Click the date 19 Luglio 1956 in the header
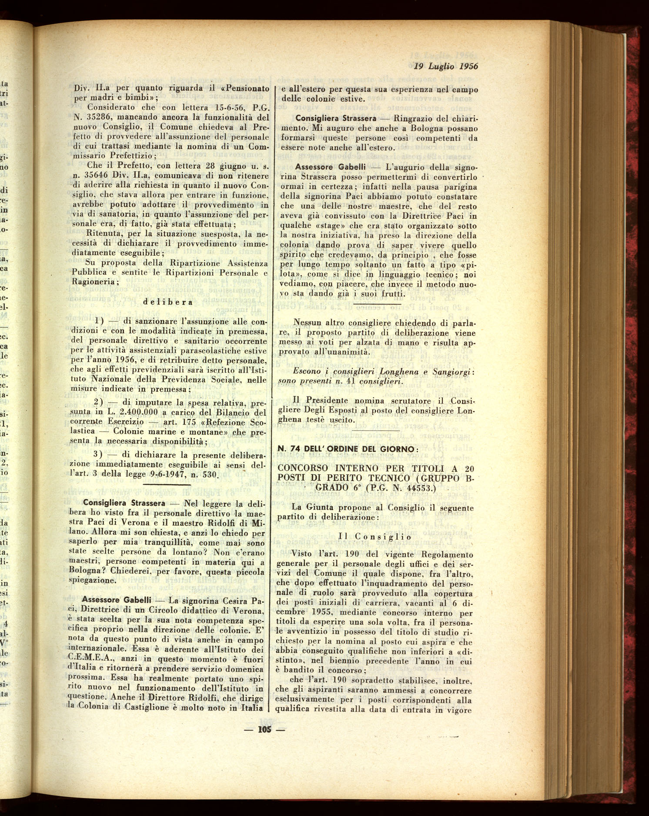[445, 66]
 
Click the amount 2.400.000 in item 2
[141, 412]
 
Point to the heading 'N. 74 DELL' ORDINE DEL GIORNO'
[348, 448]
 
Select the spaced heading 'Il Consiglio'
[375, 537]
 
